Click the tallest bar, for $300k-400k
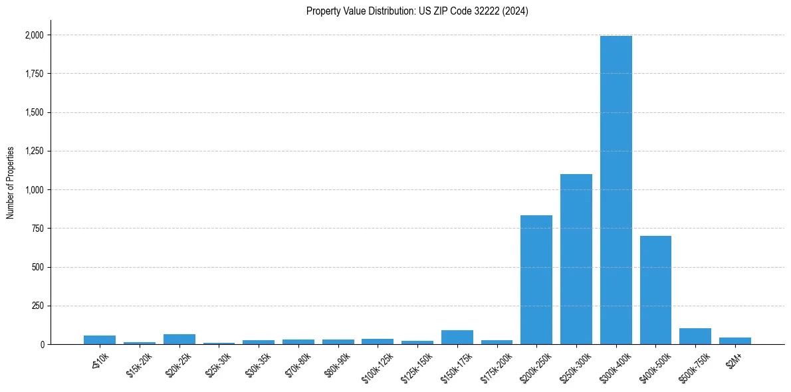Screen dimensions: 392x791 (616, 190)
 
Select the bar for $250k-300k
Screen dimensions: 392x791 (576, 259)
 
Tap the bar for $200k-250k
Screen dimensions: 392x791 (536, 280)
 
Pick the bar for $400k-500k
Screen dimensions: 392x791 (655, 290)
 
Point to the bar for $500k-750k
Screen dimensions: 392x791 (695, 336)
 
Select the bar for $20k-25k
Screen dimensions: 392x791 (179, 340)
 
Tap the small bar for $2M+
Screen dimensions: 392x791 (735, 341)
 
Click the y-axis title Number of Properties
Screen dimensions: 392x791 (11, 182)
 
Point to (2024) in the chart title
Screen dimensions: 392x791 (516, 11)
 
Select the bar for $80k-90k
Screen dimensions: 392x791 (338, 342)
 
